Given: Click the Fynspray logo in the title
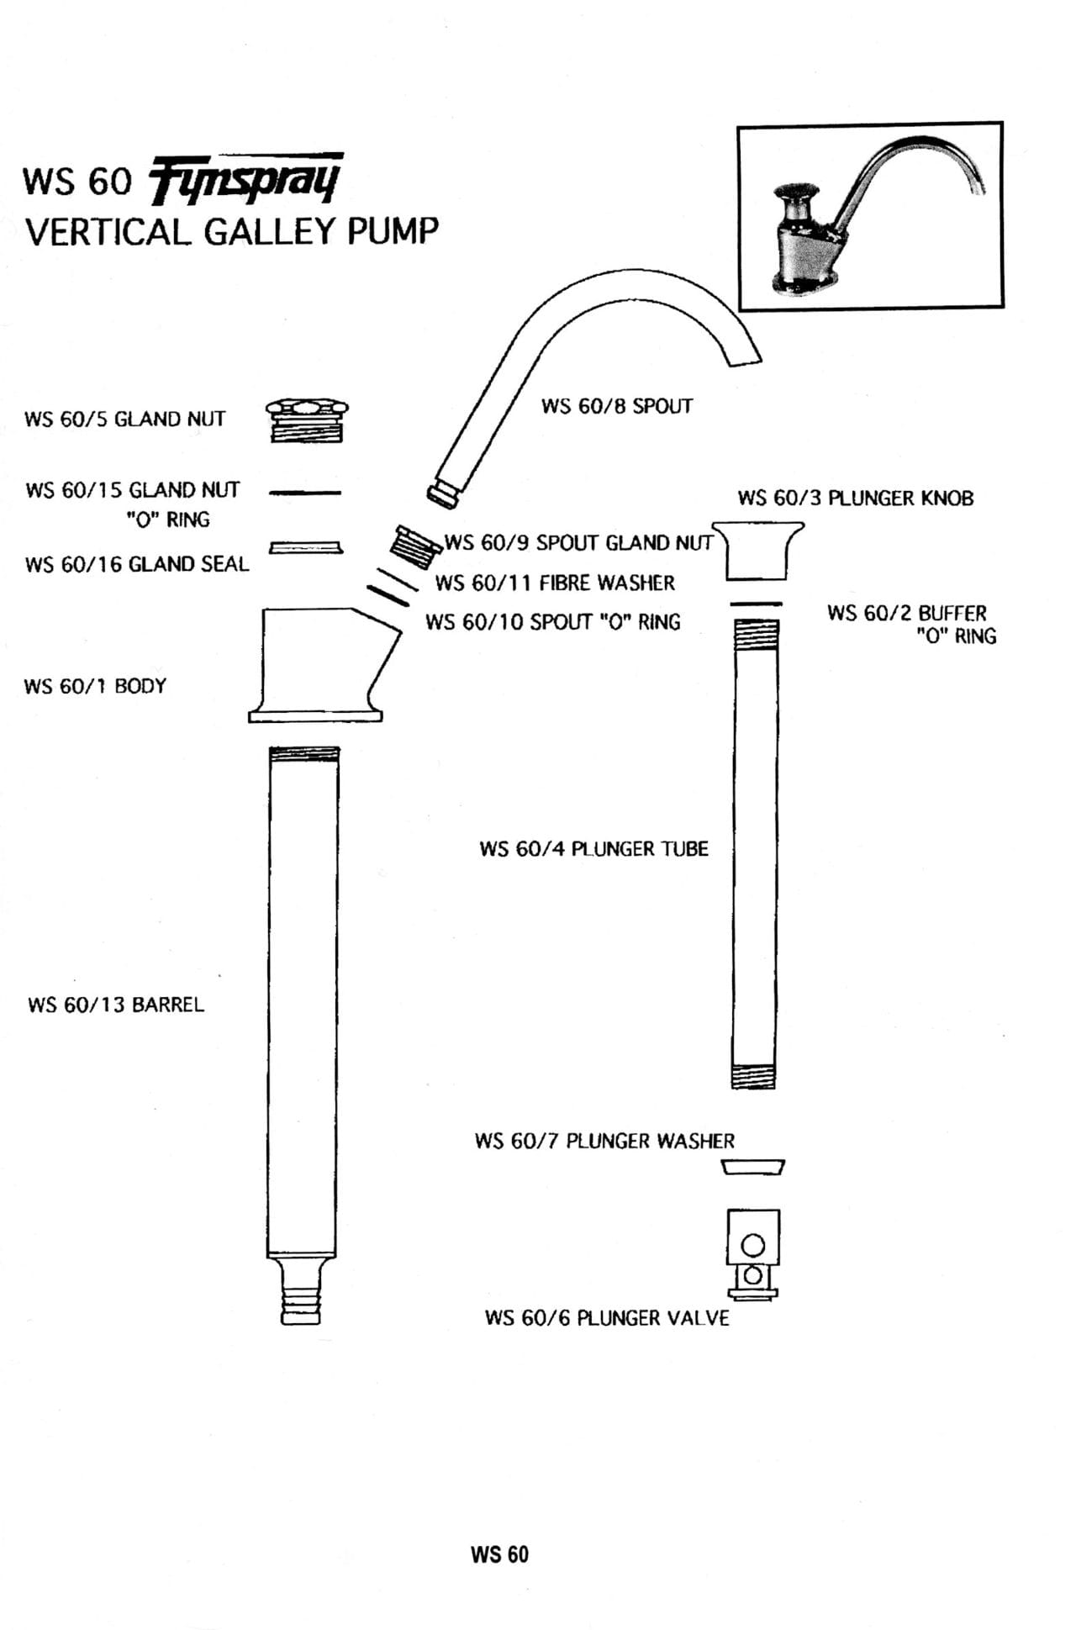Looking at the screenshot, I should pyautogui.click(x=245, y=178).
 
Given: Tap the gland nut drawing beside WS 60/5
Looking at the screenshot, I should pyautogui.click(x=307, y=420).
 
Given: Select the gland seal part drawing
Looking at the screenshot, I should pyautogui.click(x=305, y=548).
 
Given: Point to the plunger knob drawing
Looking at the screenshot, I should pyautogui.click(x=761, y=550).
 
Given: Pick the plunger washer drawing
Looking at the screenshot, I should pyautogui.click(x=753, y=1167).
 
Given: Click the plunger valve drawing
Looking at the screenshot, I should pyautogui.click(x=753, y=1253).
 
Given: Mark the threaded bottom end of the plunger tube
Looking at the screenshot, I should pyautogui.click(x=753, y=1076).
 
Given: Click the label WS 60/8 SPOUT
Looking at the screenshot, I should pyautogui.click(x=617, y=406).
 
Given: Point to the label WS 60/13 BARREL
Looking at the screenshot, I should pyautogui.click(x=116, y=1005).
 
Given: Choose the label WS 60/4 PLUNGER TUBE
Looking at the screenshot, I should pyautogui.click(x=593, y=849).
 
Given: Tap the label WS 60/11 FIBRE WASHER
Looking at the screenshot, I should pyautogui.click(x=555, y=583).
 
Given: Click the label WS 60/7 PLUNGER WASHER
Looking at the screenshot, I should pyautogui.click(x=604, y=1141).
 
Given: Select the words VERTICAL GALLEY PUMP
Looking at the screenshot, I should pyautogui.click(x=232, y=231).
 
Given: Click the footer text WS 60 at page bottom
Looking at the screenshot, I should pyautogui.click(x=499, y=1554).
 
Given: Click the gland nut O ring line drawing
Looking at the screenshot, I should pyautogui.click(x=305, y=493).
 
